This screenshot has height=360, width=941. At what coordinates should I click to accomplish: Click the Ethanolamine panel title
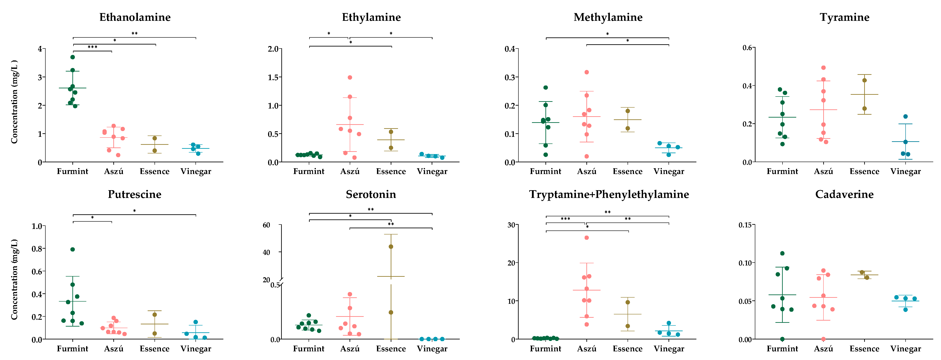(135, 17)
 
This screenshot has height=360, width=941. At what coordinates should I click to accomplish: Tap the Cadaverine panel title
(844, 194)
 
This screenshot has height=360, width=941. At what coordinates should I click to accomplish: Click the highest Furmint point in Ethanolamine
(73, 57)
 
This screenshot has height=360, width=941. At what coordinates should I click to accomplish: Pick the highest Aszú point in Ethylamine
(350, 77)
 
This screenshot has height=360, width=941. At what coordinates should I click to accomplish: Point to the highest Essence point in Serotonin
(391, 247)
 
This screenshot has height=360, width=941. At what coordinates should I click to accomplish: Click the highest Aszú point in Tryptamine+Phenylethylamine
(587, 238)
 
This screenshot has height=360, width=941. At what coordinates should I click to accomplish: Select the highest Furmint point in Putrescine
(73, 249)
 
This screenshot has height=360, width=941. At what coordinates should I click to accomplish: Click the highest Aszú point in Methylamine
(587, 72)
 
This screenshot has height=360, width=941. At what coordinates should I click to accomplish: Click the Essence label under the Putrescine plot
(155, 349)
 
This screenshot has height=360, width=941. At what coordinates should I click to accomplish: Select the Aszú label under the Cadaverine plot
(823, 349)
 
